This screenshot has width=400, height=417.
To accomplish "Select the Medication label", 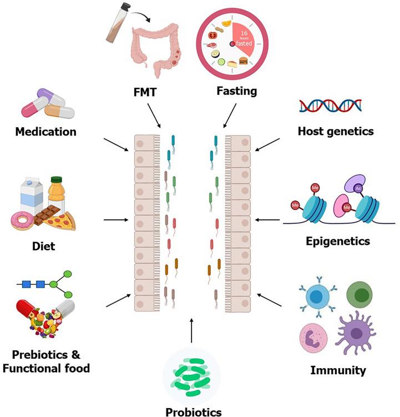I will [45, 132].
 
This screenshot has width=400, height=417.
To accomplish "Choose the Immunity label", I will [338, 370].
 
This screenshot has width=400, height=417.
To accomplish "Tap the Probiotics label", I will [193, 411].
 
